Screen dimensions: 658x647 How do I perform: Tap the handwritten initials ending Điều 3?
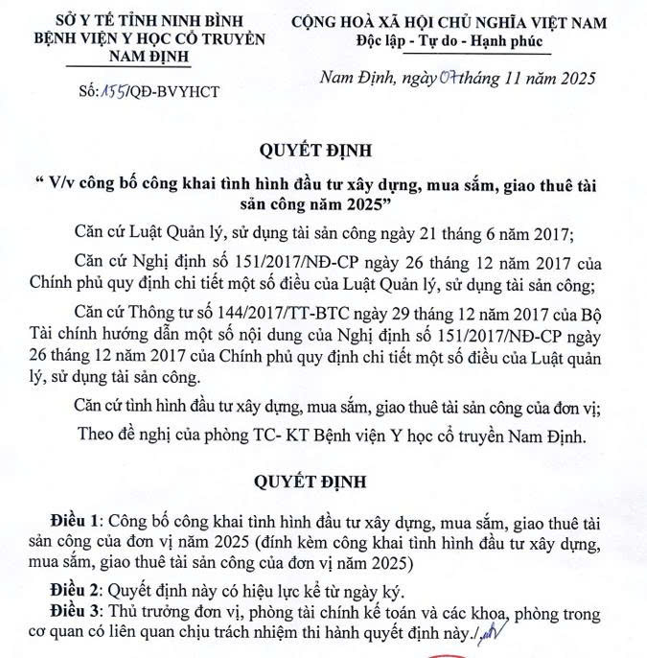[495, 630]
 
